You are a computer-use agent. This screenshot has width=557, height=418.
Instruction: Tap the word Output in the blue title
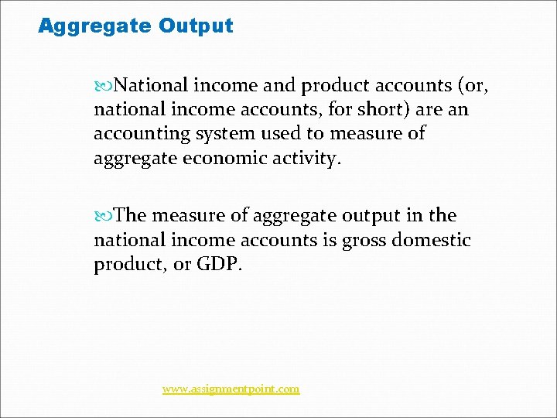point(196,26)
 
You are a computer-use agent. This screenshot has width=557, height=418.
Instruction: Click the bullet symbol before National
point(107,84)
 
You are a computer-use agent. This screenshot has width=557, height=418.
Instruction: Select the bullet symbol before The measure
point(107,216)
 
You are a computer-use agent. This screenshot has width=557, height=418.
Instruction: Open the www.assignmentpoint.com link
point(231,389)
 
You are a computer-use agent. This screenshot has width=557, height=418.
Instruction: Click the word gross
point(364,241)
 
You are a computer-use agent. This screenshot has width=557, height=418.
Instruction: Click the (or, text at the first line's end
point(470,84)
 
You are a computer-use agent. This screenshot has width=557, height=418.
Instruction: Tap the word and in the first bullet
point(281,84)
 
